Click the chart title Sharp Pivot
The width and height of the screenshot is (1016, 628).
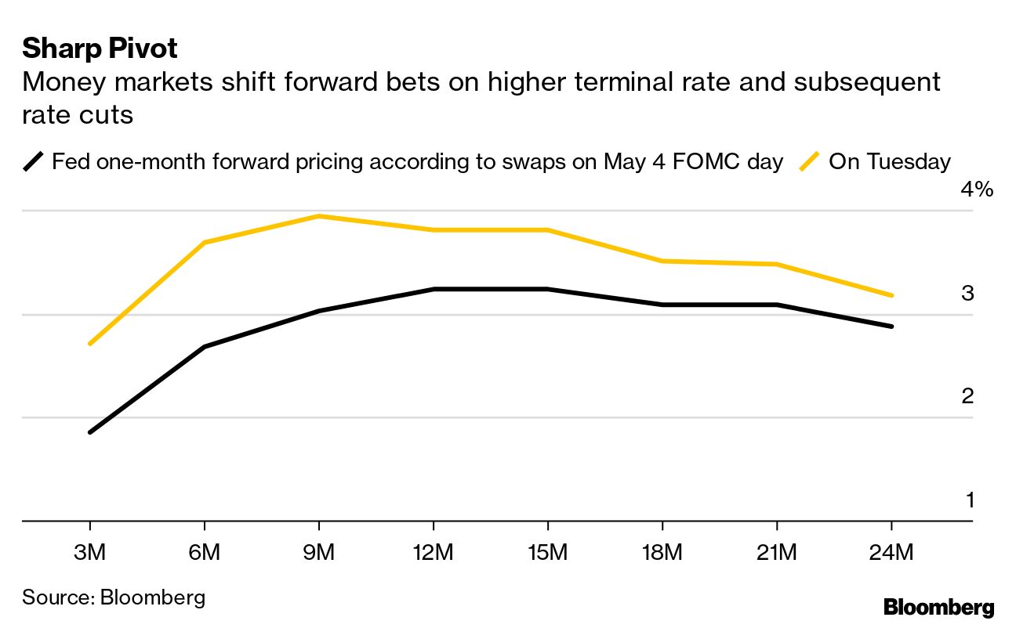pyautogui.click(x=100, y=49)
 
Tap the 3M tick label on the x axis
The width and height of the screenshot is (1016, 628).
pyautogui.click(x=89, y=553)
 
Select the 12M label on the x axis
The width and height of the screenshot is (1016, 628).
pyautogui.click(x=433, y=553)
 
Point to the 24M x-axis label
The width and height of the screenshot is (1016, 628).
pyautogui.click(x=891, y=553)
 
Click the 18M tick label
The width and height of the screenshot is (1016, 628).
pyautogui.click(x=662, y=553)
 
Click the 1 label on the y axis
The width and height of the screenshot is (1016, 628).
pyautogui.click(x=969, y=500)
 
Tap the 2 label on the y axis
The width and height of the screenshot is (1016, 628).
pyautogui.click(x=967, y=396)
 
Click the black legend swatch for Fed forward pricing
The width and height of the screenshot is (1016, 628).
pyautogui.click(x=34, y=162)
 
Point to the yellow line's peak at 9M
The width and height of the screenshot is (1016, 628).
pyautogui.click(x=318, y=216)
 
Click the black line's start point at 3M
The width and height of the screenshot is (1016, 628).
pyautogui.click(x=90, y=431)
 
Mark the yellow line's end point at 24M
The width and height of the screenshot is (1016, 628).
pyautogui.click(x=891, y=295)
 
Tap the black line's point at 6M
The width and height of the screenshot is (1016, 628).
pyautogui.click(x=205, y=346)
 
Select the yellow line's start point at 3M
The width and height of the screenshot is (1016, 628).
pyautogui.click(x=90, y=344)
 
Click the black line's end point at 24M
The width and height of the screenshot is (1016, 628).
pyautogui.click(x=891, y=326)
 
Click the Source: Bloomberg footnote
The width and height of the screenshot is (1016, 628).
pyautogui.click(x=114, y=597)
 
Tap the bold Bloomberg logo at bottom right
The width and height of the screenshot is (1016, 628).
pyautogui.click(x=938, y=607)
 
